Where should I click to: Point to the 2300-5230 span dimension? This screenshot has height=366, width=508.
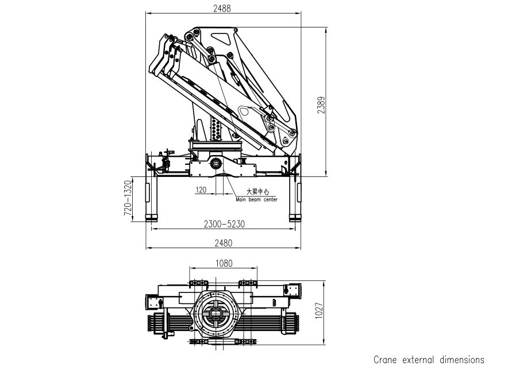tap(224, 224)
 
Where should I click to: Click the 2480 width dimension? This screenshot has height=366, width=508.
tap(223, 243)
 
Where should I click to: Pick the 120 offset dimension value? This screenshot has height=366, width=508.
tap(201, 190)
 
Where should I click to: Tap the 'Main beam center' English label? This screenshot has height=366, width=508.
tap(256, 200)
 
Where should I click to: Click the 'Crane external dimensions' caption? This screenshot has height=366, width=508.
tap(429, 360)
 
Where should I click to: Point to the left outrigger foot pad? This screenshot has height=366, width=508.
tap(151, 217)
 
